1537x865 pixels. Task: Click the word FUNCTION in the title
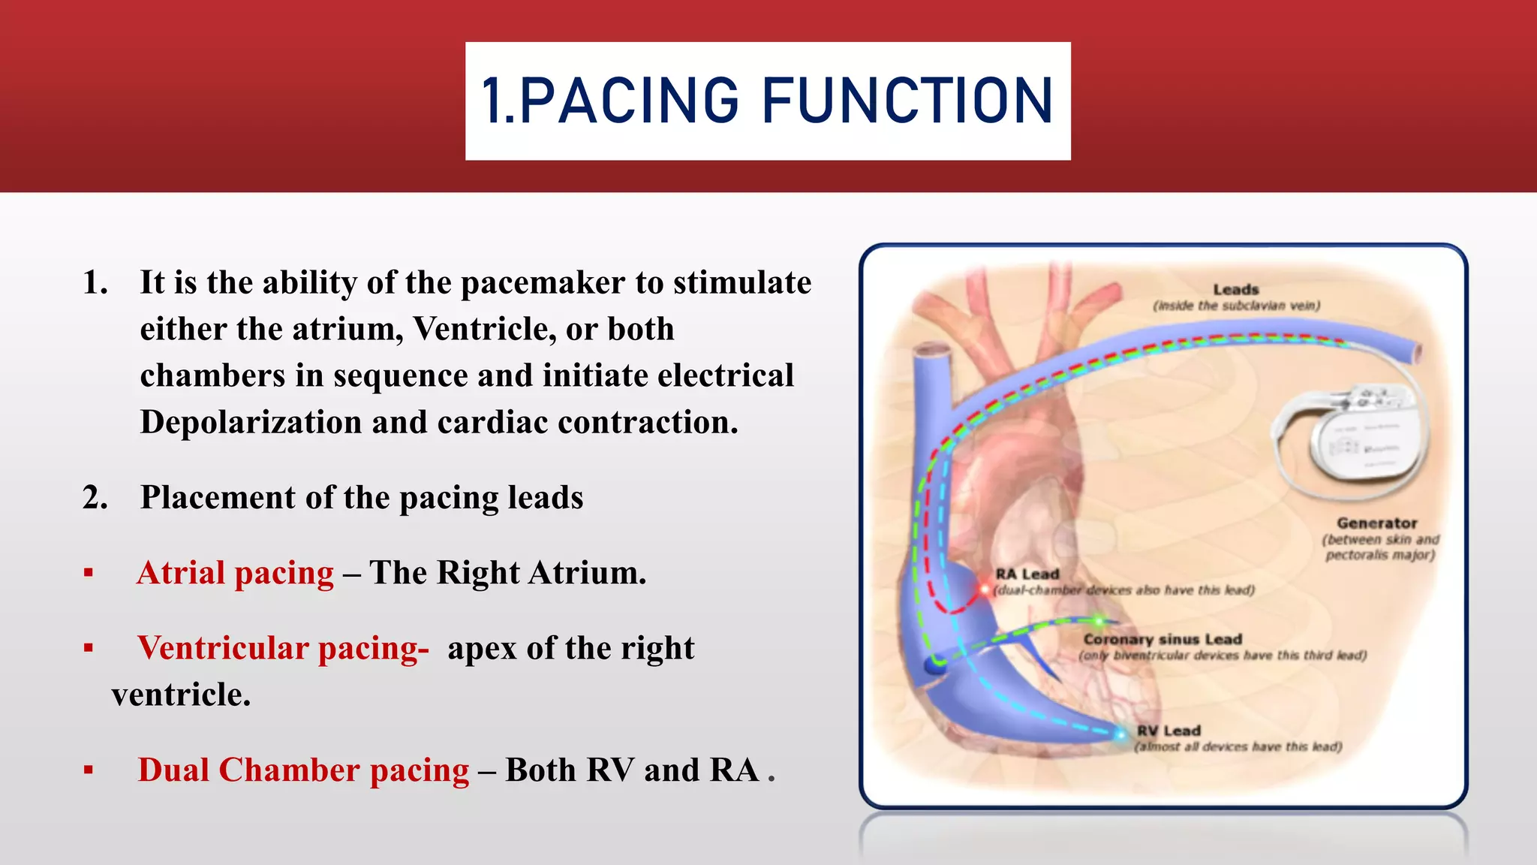point(908,101)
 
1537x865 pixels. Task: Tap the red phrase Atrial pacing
point(235,573)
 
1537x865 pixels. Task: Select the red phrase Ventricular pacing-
point(283,648)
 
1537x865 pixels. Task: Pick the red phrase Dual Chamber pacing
point(303,770)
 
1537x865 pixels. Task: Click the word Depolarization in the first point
point(251,422)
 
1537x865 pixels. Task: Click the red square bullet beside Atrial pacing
point(89,574)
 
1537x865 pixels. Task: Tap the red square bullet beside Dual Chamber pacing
point(89,770)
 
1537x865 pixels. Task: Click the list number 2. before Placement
point(95,498)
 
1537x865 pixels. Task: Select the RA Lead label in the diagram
point(1027,574)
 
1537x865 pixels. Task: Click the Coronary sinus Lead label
point(1162,639)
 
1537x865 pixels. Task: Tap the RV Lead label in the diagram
point(1168,731)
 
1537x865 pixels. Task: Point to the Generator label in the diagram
point(1376,523)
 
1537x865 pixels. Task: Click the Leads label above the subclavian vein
point(1235,289)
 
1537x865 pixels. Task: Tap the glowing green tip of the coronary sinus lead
point(1098,621)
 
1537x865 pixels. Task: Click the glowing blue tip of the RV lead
point(1120,734)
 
